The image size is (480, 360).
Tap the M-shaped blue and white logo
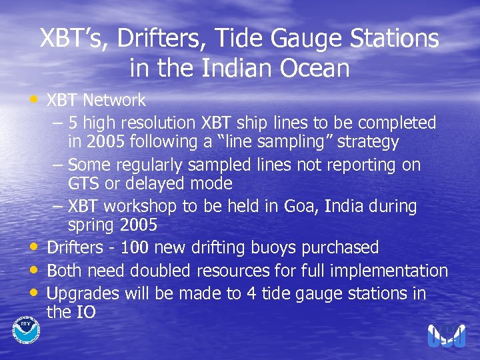[x=447, y=335]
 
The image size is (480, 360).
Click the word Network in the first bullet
[x=113, y=101]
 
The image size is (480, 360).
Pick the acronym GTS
[x=83, y=183]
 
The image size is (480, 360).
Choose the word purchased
[x=341, y=248]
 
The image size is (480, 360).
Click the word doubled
[x=160, y=271]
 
